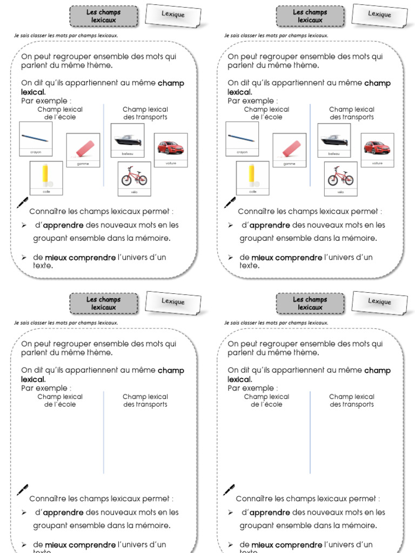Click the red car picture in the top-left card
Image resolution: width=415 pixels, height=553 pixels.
pyautogui.click(x=170, y=147)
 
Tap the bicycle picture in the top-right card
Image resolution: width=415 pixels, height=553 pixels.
pyautogui.click(x=340, y=176)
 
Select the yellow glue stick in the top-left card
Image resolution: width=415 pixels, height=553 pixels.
pyautogui.click(x=46, y=174)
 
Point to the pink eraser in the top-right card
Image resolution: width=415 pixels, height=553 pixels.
pyautogui.click(x=290, y=147)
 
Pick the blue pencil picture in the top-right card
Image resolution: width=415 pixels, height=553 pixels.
pyautogui.click(x=242, y=138)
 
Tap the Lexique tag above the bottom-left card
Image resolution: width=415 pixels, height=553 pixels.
pyautogui.click(x=173, y=302)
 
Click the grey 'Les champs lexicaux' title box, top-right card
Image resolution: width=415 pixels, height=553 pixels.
pyautogui.click(x=310, y=16)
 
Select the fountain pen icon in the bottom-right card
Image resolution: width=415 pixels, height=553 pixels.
pyautogui.click(x=229, y=489)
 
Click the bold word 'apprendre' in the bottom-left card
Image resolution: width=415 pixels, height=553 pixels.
pyautogui.click(x=63, y=512)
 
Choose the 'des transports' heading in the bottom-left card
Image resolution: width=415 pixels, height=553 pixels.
pyautogui.click(x=145, y=404)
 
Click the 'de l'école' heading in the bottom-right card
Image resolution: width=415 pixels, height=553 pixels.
pyautogui.click(x=266, y=404)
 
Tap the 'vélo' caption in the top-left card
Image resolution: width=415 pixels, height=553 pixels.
pyautogui.click(x=134, y=192)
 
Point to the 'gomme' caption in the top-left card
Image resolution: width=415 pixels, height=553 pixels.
pyautogui.click(x=83, y=164)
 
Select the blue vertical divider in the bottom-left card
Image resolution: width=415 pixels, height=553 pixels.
pyautogui.click(x=104, y=432)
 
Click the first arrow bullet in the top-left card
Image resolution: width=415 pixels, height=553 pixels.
pyautogui.click(x=24, y=225)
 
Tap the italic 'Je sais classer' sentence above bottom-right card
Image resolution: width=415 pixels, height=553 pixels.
pyautogui.click(x=276, y=323)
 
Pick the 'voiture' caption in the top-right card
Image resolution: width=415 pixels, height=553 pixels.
pyautogui.click(x=377, y=163)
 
